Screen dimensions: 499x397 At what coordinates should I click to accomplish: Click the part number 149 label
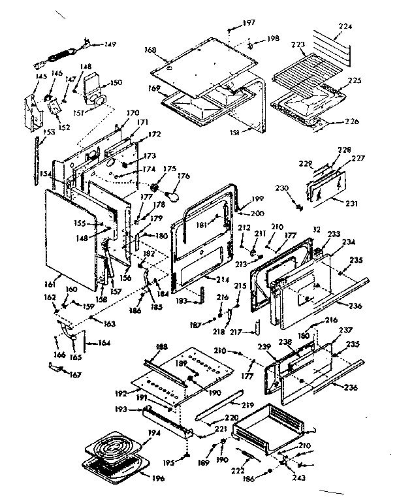(x=110, y=44)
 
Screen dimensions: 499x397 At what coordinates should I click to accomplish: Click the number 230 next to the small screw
(x=282, y=189)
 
